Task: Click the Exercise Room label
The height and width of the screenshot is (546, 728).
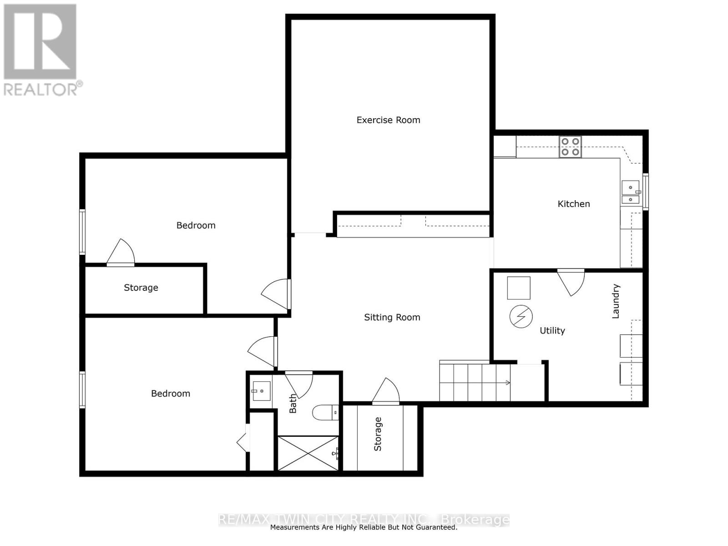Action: (x=388, y=120)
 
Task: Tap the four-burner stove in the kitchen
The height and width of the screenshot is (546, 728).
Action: (x=571, y=147)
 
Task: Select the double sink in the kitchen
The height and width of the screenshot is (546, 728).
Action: (x=631, y=192)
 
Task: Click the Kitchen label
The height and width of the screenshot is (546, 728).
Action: (x=574, y=204)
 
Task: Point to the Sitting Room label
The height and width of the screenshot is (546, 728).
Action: (x=392, y=318)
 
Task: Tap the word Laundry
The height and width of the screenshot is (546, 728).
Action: (x=616, y=301)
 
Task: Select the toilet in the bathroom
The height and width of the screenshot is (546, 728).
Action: (x=324, y=413)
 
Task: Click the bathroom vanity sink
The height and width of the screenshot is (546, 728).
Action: (x=261, y=391)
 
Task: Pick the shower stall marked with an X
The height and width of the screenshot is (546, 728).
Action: (x=308, y=453)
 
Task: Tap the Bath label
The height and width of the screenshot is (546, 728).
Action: (x=293, y=404)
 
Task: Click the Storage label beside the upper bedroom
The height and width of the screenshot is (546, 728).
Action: (x=141, y=288)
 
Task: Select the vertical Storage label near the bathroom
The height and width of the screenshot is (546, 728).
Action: (x=378, y=434)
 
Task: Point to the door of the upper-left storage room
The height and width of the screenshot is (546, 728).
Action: (x=121, y=253)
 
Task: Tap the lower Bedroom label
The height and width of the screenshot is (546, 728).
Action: (x=171, y=394)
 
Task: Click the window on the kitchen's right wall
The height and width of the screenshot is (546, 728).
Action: (x=645, y=191)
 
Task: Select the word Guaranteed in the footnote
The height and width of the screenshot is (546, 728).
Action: (x=436, y=527)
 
